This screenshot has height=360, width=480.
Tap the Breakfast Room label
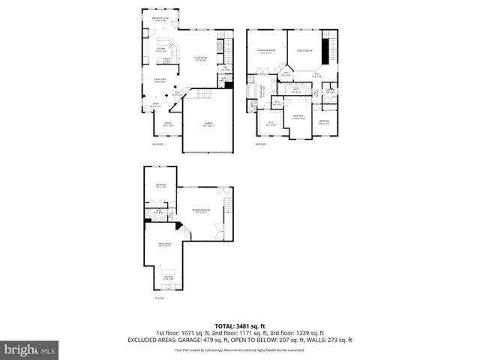point(160,19)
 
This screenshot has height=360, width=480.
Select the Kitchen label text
point(160,49)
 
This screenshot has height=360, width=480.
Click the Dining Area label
point(160,80)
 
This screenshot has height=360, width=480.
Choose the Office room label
point(169,124)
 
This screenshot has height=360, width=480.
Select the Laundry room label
point(331,91)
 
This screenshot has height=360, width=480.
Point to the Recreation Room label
point(202,209)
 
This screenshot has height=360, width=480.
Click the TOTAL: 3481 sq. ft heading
point(239,325)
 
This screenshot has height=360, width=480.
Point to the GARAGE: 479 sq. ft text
point(202,340)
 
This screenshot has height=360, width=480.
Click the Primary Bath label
point(262,90)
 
